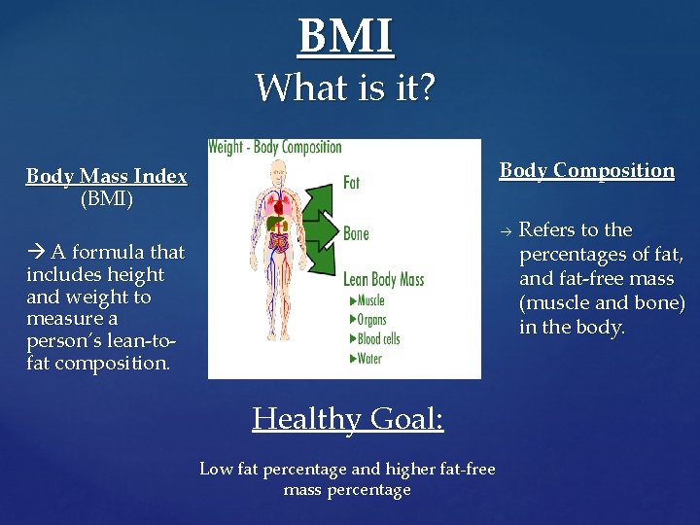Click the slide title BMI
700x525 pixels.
(346, 36)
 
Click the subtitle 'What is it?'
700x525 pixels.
(346, 88)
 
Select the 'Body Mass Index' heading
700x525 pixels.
(106, 177)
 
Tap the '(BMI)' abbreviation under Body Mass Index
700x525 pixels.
(107, 199)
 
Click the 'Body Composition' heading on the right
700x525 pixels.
(586, 170)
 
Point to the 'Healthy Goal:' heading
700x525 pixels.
(347, 419)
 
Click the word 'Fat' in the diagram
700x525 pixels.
(351, 182)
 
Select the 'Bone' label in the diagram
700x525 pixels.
(356, 233)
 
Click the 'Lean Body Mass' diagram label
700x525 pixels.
(383, 280)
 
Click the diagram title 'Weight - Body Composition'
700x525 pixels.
(275, 148)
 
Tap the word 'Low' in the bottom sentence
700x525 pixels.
(215, 470)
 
